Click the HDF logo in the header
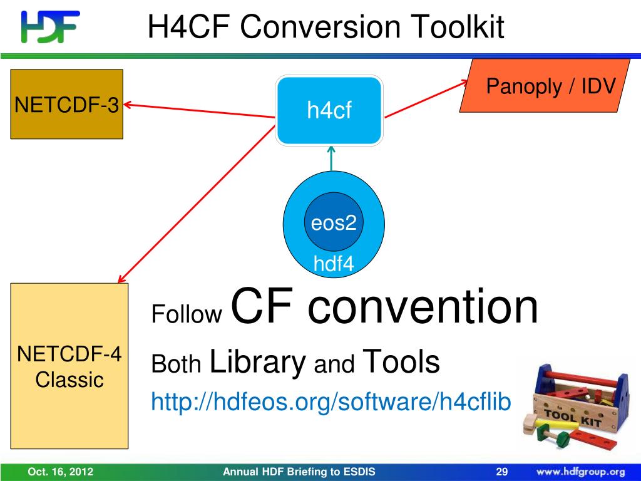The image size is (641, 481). point(50,27)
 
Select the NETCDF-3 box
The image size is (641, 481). point(66,104)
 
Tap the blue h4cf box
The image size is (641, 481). point(329,111)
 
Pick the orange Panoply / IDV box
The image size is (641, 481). point(545,86)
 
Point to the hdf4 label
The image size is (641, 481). point(334,264)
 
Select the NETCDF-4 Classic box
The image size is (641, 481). point(69,366)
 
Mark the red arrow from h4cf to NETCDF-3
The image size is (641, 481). point(200,110)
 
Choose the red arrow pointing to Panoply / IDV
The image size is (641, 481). point(426,98)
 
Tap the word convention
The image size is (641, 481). point(423,307)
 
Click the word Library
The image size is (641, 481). point(257,362)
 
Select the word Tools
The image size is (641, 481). point(401,361)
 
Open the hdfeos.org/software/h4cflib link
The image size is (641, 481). point(331,401)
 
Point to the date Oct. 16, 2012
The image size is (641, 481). point(60,472)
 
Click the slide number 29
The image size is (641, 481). point(501,472)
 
